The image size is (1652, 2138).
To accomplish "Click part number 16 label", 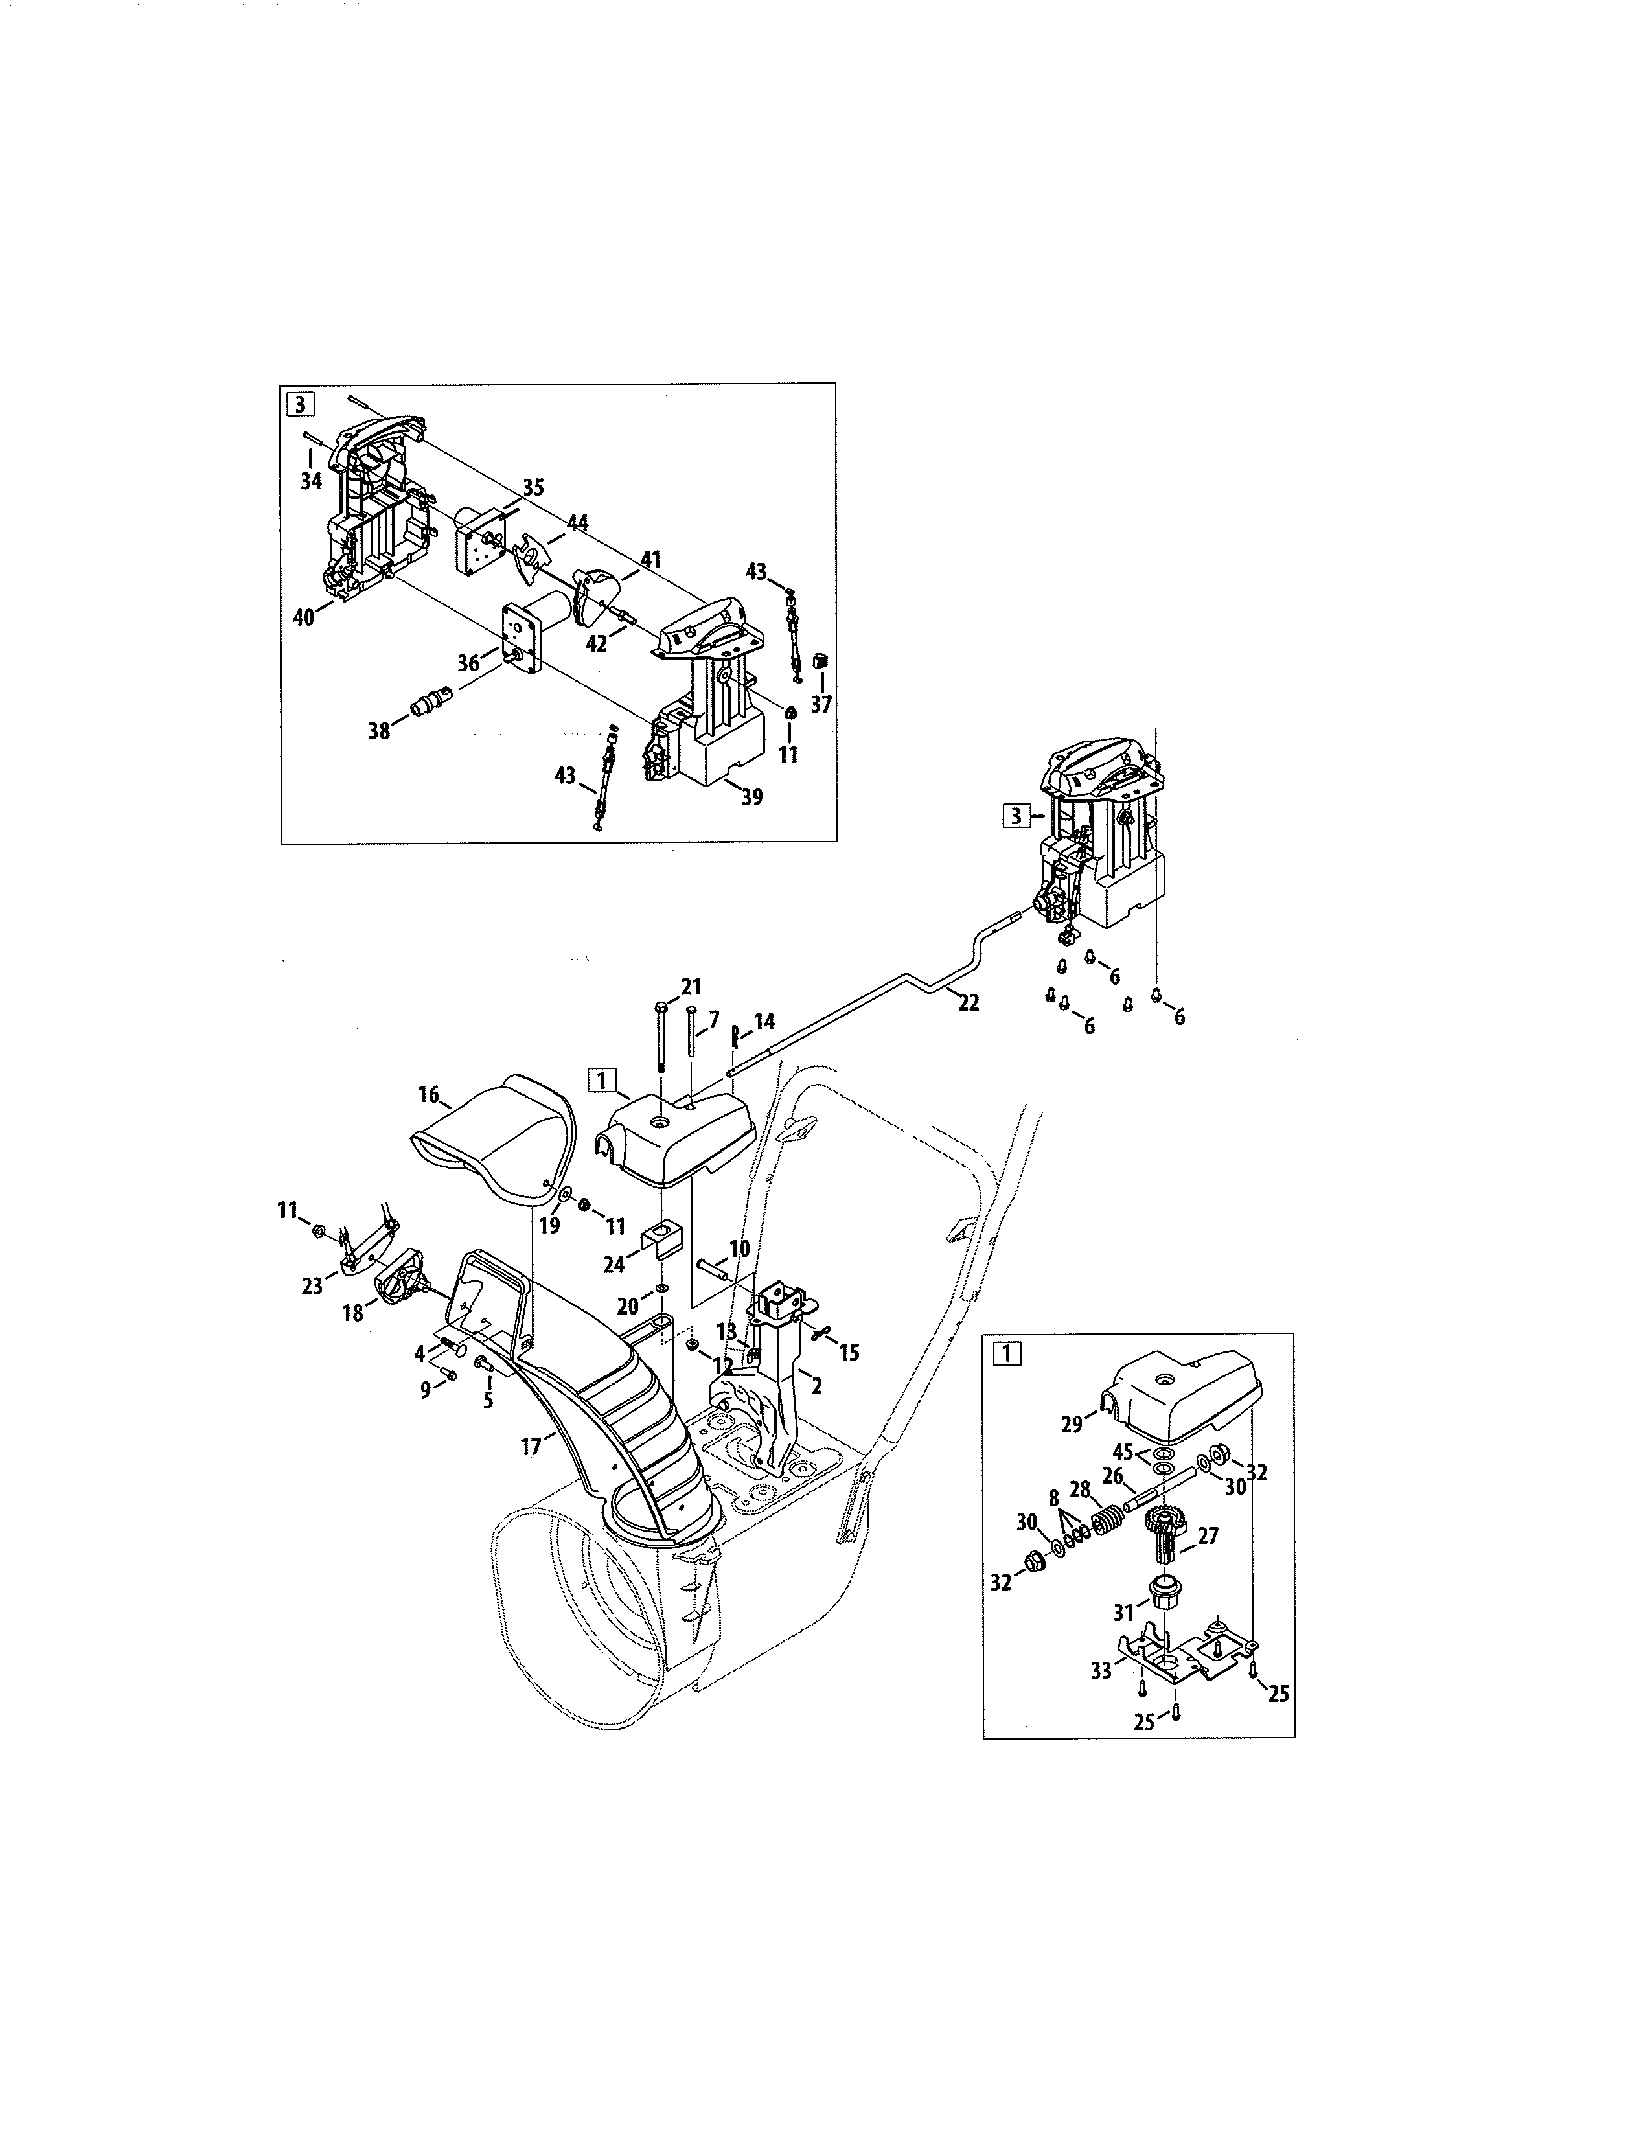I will [x=429, y=1094].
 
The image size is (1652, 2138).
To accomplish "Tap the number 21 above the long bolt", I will [x=691, y=986].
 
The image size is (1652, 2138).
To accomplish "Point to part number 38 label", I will [x=379, y=730].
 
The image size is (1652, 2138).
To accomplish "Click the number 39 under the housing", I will [x=751, y=797].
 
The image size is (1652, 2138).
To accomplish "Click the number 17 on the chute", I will [x=531, y=1447].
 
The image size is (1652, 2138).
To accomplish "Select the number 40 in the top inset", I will [x=304, y=617].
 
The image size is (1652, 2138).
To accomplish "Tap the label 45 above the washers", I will [x=1123, y=1452].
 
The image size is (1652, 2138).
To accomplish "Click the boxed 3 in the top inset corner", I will [x=299, y=404].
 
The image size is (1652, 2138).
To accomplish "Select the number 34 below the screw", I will [x=311, y=481].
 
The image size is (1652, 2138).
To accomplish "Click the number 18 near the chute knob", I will [x=352, y=1313].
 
